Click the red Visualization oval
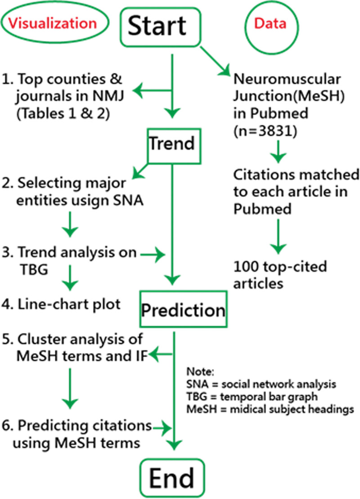54,23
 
